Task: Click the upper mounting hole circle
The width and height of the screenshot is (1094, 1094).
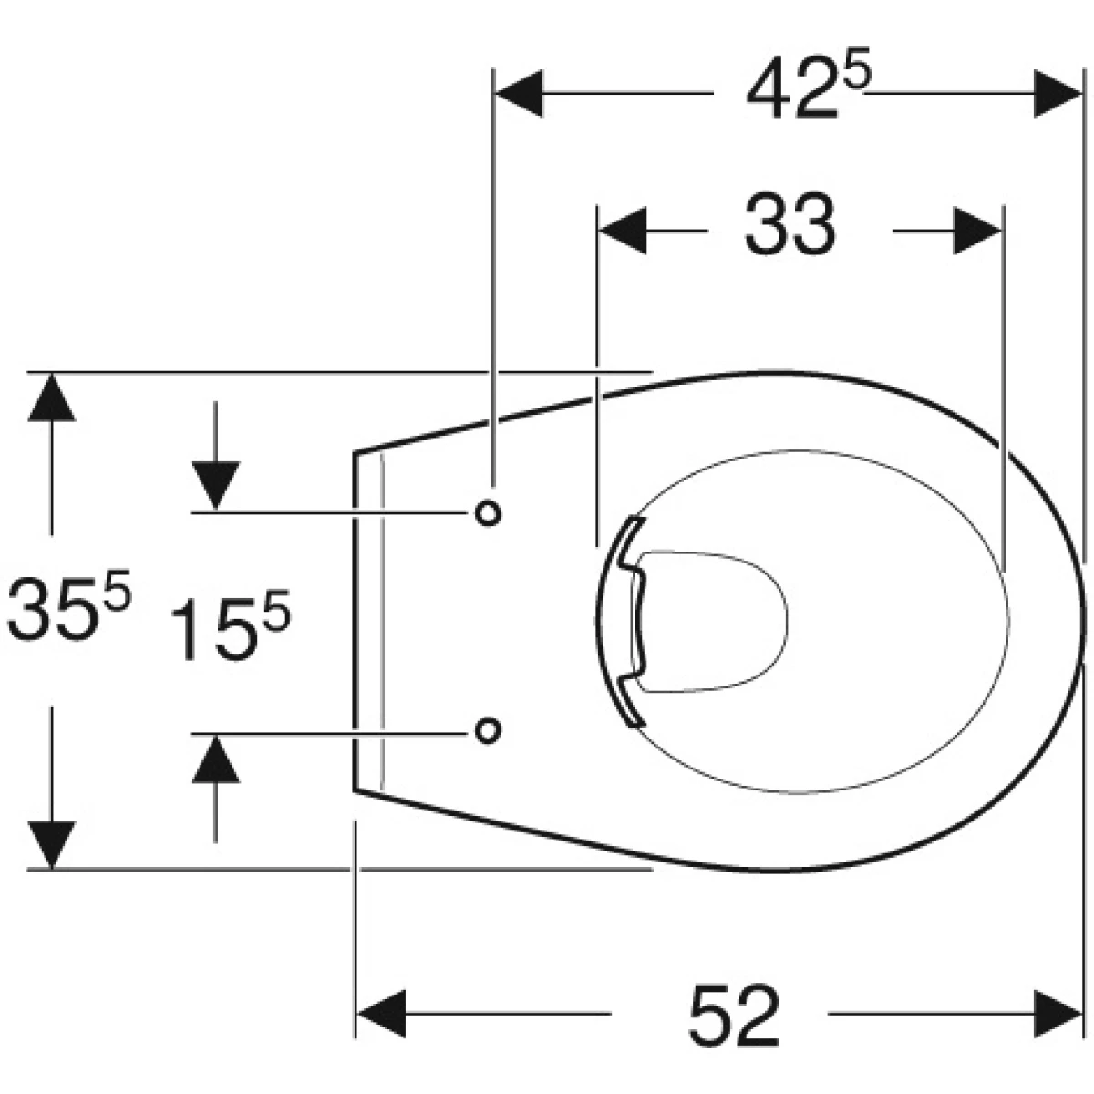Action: (x=487, y=514)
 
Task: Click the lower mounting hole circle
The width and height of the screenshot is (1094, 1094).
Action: (x=487, y=730)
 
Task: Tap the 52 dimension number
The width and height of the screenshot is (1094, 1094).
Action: (x=734, y=1015)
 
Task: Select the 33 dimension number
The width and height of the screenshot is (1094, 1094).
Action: (x=790, y=224)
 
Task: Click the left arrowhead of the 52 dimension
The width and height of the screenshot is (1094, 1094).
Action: (x=381, y=1014)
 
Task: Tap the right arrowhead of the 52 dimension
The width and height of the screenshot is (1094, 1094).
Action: (x=1058, y=1014)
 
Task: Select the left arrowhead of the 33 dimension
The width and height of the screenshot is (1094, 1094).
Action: (x=623, y=231)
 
